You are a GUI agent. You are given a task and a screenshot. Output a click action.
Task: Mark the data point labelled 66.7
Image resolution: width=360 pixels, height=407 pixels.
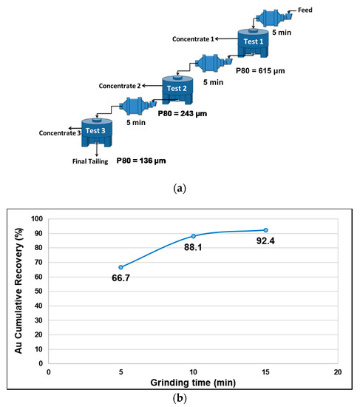point(120,267)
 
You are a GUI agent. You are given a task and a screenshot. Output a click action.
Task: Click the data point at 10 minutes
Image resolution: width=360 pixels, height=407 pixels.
point(193,236)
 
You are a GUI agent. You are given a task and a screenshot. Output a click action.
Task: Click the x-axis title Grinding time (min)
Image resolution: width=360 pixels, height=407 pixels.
point(194,384)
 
